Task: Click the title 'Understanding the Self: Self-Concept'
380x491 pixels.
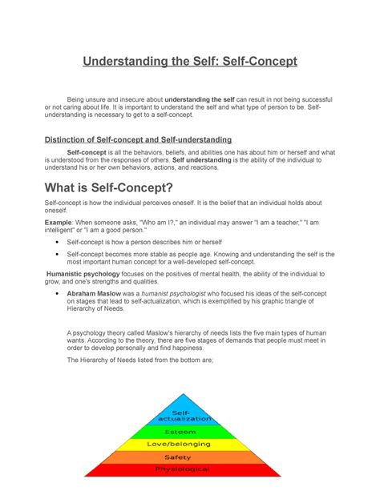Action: (x=190, y=61)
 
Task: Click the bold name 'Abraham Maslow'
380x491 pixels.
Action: (x=95, y=294)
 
